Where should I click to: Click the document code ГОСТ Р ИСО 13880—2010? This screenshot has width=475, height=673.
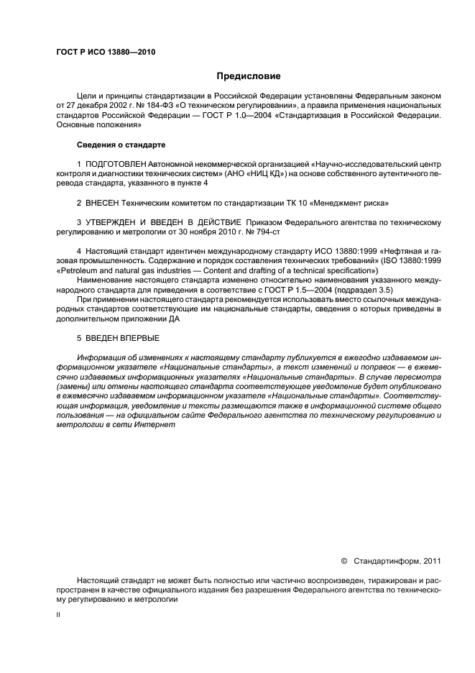pyautogui.click(x=106, y=52)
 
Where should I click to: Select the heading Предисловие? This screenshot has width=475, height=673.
pyautogui.click(x=249, y=75)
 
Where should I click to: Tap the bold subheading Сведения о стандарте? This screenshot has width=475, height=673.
pyautogui.click(x=121, y=145)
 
